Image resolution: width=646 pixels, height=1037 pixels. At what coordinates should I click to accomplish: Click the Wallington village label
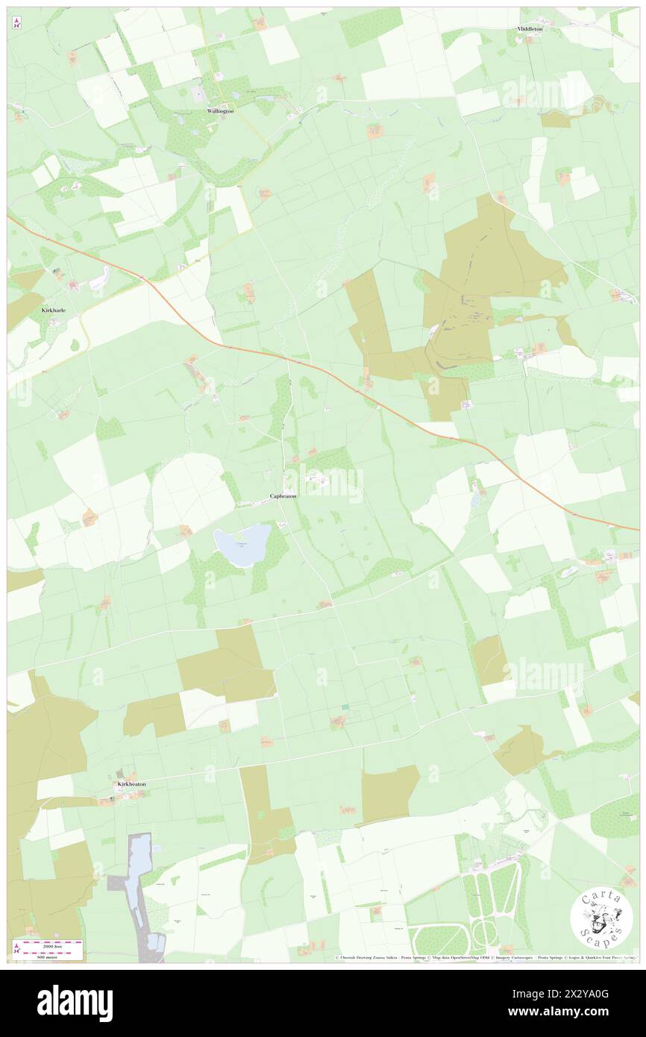[220, 111]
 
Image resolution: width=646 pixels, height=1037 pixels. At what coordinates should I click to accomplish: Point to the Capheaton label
[283, 496]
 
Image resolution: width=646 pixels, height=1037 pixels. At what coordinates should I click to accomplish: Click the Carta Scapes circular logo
[601, 919]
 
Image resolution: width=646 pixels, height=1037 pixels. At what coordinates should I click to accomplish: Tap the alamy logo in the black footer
[75, 1003]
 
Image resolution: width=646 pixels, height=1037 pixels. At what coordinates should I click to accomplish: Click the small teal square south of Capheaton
[345, 707]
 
